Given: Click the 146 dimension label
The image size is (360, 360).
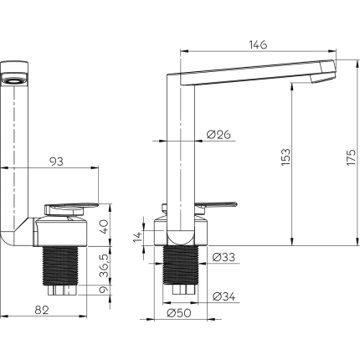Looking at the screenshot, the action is point(258,44).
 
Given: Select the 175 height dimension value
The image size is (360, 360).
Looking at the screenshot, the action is point(352,157).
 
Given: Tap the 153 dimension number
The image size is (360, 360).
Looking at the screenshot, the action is point(285,157).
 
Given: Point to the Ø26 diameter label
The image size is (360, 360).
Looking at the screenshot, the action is point(219,135).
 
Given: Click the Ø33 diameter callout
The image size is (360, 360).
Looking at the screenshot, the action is point(224,257).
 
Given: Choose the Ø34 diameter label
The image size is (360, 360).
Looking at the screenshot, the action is point(224,296).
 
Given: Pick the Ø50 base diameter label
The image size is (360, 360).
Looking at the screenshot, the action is point(179,313).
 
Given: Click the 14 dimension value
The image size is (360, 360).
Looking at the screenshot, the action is point(138,237).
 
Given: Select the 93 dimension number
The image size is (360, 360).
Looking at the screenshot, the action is point(56,162).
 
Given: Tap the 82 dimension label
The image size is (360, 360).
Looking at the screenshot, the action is point(42,310).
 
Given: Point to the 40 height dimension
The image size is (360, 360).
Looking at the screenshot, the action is point(104,227).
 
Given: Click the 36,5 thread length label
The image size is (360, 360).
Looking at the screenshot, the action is point(104,265).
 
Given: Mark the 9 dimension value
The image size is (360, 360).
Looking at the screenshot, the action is point(104,290).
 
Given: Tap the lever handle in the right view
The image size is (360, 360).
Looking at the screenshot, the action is point(216,205).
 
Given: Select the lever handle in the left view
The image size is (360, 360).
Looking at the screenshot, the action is point(71,208).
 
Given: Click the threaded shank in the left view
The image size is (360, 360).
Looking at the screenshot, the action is point(60,265).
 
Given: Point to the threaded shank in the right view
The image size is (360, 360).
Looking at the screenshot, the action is point(181,265).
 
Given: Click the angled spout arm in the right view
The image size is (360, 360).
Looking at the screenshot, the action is point(251,72).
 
